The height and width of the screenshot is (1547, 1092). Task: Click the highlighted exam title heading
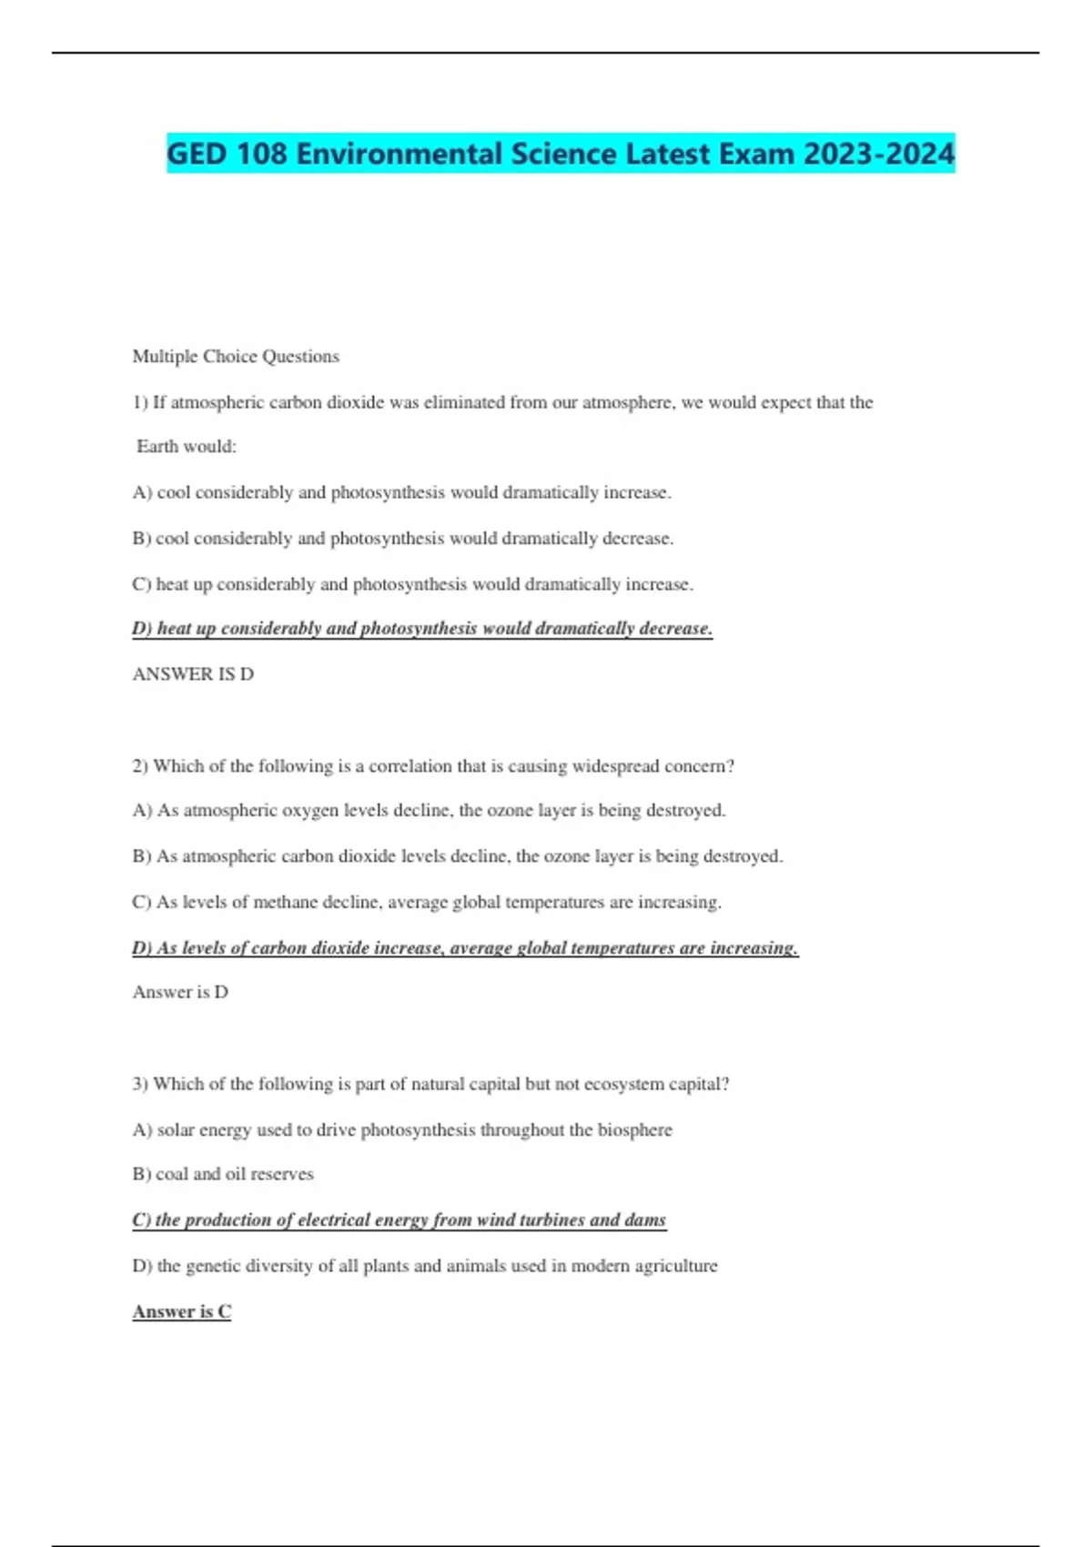pos(561,153)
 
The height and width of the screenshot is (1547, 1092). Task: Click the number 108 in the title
pos(262,153)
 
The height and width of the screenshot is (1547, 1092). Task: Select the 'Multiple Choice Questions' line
pos(236,356)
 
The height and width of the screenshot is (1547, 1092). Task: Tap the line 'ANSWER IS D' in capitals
pos(193,674)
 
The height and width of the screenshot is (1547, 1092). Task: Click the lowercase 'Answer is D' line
pos(180,992)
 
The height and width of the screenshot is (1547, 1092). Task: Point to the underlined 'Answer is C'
pos(182,1311)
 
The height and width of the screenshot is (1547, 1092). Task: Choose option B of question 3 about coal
pos(223,1174)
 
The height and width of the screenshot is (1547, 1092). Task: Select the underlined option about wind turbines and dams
pos(399,1219)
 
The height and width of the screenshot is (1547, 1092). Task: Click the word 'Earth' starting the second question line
pos(157,447)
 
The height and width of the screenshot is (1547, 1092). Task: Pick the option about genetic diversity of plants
pos(425,1266)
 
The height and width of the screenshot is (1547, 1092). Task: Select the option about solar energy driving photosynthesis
pos(402,1129)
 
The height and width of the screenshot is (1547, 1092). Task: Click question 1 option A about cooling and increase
pos(401,492)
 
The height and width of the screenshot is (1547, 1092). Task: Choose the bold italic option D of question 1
pos(422,629)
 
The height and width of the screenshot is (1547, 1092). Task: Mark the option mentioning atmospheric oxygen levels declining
pos(429,810)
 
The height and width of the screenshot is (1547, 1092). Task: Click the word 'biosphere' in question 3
pos(634,1129)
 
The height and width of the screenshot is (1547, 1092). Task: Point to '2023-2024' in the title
pos(878,153)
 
